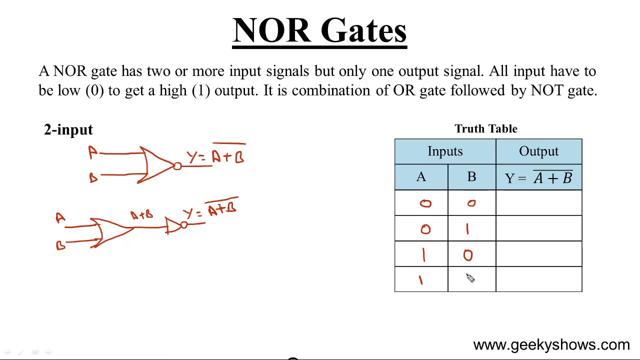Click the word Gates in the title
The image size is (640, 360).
[363, 31]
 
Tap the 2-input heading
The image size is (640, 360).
[68, 130]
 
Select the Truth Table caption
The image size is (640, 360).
[485, 129]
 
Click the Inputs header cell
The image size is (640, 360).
[445, 151]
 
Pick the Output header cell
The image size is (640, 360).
[538, 151]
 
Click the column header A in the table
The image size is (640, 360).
[421, 177]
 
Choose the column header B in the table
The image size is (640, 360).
[471, 177]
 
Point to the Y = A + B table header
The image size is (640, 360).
[538, 177]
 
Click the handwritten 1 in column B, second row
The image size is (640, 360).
[467, 229]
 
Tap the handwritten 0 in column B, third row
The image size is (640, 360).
[467, 255]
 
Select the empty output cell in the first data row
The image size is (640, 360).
[538, 203]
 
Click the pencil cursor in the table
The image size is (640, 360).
[470, 278]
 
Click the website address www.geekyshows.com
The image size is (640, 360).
[551, 345]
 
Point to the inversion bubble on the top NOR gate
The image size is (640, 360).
[177, 166]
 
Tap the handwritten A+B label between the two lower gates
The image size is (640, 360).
[141, 215]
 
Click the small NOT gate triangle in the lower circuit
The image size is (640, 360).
[173, 226]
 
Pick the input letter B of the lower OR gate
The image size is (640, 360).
[60, 245]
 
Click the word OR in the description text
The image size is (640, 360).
[402, 91]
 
